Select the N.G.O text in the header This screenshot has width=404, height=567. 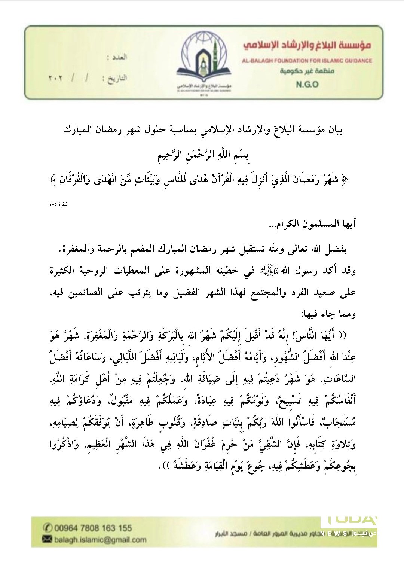tap(307, 84)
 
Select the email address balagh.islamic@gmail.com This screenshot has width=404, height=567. tap(100, 539)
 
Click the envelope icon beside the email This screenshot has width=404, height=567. tap(47, 539)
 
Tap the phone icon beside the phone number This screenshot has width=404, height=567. tap(48, 528)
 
